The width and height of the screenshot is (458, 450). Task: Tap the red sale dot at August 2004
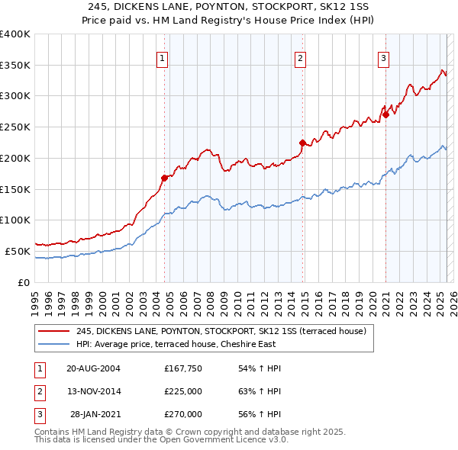tap(164, 178)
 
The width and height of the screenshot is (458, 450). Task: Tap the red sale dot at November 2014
tap(302, 143)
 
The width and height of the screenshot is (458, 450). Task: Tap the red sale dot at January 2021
tap(385, 115)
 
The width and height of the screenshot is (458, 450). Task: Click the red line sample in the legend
tap(53, 331)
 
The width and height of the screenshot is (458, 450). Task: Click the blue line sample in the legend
tap(53, 344)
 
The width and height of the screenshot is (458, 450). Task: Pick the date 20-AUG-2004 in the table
tap(94, 368)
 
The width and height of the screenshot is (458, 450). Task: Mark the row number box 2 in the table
tap(39, 391)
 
